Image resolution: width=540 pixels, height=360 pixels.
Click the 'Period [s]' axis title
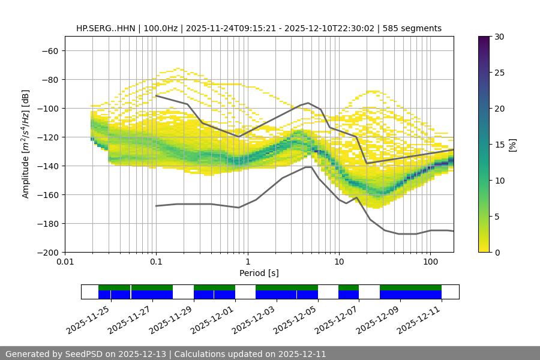(x=259, y=273)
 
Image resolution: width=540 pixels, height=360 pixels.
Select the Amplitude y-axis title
(x=26, y=145)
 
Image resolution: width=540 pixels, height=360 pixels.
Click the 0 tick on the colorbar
(x=497, y=253)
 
